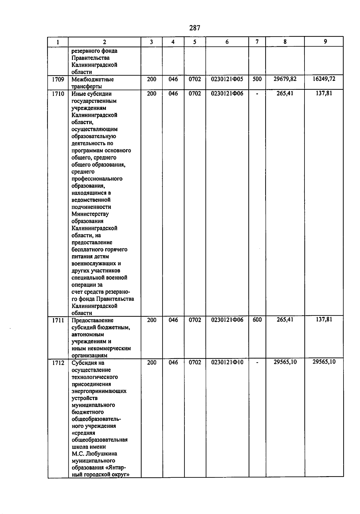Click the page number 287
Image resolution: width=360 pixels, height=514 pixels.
(x=195, y=28)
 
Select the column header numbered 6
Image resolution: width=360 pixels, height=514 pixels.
(x=227, y=42)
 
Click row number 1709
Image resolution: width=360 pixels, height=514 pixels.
(x=58, y=80)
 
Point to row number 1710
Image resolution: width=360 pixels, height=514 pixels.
(x=58, y=94)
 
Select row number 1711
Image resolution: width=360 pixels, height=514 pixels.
(x=58, y=320)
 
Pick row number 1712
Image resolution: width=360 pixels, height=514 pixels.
(x=58, y=363)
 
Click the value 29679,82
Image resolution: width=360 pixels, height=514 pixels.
(x=285, y=79)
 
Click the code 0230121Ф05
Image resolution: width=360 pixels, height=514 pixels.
(x=227, y=79)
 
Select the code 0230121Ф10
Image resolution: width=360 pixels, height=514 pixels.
(x=227, y=362)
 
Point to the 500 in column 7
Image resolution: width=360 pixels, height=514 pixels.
(x=257, y=79)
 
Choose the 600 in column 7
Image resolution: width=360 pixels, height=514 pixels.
(x=257, y=320)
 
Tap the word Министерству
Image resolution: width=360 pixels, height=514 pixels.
(x=90, y=214)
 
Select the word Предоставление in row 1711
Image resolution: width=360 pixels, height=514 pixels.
(x=92, y=320)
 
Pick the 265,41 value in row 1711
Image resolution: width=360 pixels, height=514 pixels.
(x=285, y=320)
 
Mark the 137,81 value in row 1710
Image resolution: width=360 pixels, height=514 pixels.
(x=324, y=93)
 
